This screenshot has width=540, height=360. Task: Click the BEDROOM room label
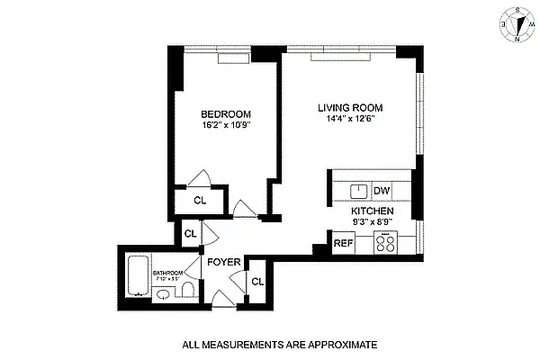(225, 113)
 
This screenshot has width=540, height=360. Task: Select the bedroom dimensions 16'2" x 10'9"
(225, 125)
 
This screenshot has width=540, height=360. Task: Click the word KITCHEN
(374, 212)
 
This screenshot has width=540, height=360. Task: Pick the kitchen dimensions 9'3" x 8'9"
(374, 224)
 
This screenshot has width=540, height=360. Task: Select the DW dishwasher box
(382, 191)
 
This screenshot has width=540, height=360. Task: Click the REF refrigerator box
(343, 242)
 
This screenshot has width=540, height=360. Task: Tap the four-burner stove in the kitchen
(386, 242)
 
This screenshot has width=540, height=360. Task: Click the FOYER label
(223, 263)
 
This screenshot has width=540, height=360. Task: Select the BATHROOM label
(167, 273)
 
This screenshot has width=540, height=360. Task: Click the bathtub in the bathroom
(138, 274)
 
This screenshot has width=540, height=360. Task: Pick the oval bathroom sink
(159, 292)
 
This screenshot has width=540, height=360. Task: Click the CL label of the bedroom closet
(200, 201)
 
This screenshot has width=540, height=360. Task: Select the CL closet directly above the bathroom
(190, 234)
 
